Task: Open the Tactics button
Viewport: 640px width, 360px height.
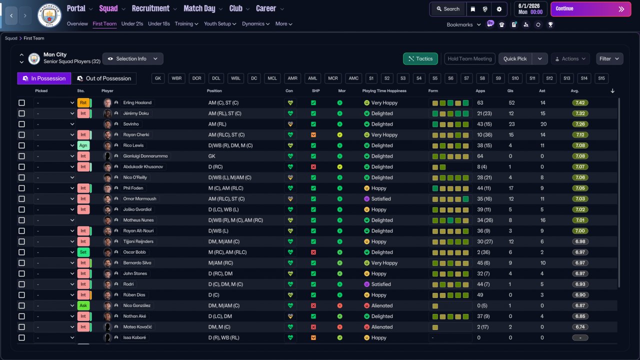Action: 420,59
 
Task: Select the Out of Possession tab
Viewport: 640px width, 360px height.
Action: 104,78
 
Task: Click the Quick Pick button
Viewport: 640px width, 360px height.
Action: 515,59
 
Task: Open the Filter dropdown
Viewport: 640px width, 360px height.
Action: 609,59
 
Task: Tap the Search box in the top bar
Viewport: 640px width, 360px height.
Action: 447,9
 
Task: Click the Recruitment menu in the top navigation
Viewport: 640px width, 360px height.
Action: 150,8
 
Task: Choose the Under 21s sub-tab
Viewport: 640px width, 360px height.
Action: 132,24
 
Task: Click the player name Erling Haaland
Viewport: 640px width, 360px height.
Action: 137,102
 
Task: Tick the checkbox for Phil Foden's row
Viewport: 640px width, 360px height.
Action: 21,188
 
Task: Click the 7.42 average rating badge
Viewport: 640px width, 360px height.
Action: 580,102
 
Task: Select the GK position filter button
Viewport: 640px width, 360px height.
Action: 158,78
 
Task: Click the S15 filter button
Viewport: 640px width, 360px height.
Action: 601,78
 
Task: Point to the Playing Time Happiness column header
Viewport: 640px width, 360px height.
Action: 384,91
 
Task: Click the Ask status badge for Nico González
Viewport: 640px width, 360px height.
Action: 83,305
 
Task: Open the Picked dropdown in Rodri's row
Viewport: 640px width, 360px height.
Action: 55,284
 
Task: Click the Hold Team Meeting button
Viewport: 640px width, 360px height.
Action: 469,59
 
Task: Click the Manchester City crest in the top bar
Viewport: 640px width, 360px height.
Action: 49,15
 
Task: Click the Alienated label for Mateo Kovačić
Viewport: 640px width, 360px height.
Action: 381,327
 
